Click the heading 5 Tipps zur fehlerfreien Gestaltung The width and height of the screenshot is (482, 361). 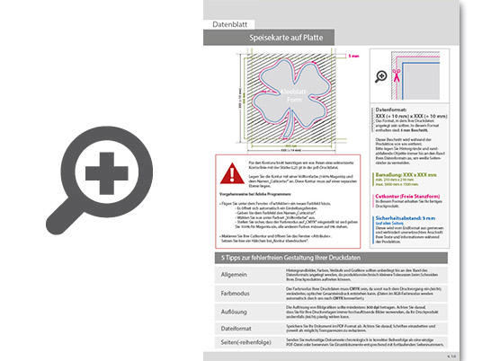pyautogui.click(x=287, y=258)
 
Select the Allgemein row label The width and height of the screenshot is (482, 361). pyautogui.click(x=226, y=273)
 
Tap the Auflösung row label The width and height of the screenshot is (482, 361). pyautogui.click(x=226, y=312)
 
